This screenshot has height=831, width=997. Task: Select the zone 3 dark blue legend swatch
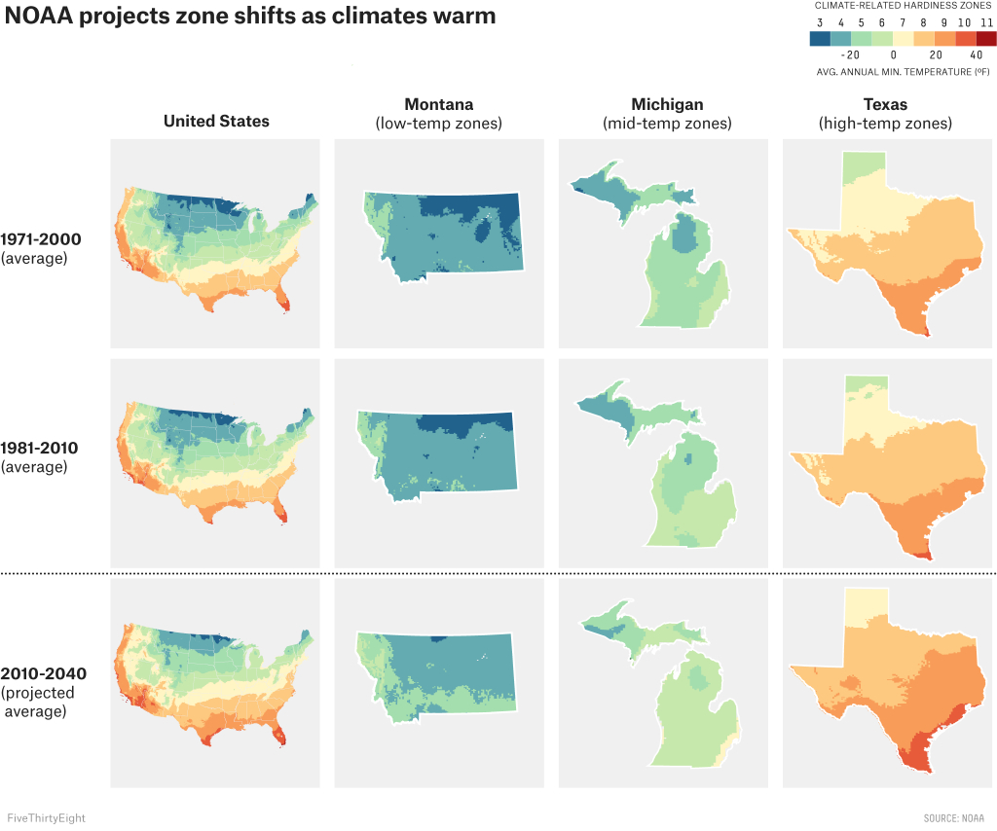tap(820, 39)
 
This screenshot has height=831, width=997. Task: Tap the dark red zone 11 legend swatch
tap(986, 39)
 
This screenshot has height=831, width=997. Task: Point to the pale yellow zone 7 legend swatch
tap(903, 39)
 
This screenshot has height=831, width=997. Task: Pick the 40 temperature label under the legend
tap(977, 55)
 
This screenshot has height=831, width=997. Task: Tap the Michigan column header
tap(667, 104)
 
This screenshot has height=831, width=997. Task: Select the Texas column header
tap(885, 104)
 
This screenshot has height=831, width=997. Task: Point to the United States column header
tap(216, 121)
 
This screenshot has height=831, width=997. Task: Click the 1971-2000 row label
tap(41, 238)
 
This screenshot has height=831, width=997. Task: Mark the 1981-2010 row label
tap(41, 448)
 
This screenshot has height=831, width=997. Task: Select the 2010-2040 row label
tap(44, 673)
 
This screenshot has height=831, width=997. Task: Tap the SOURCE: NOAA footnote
tap(954, 818)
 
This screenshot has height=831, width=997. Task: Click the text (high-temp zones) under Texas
tap(885, 124)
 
